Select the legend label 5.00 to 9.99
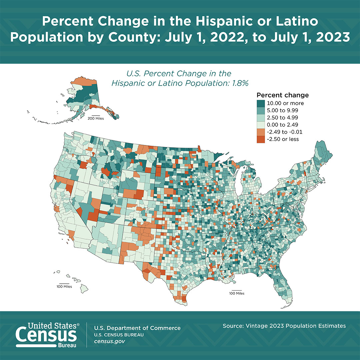(x=282, y=110)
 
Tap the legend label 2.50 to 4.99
(x=282, y=117)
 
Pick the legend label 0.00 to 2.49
(x=282, y=125)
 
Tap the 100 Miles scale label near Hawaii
(x=64, y=286)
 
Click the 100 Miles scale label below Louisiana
(x=236, y=293)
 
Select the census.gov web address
(x=110, y=342)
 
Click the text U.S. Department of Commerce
(x=137, y=328)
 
